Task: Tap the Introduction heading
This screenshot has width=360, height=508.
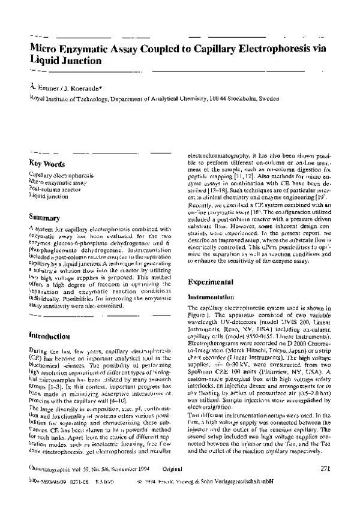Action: [50, 336]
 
